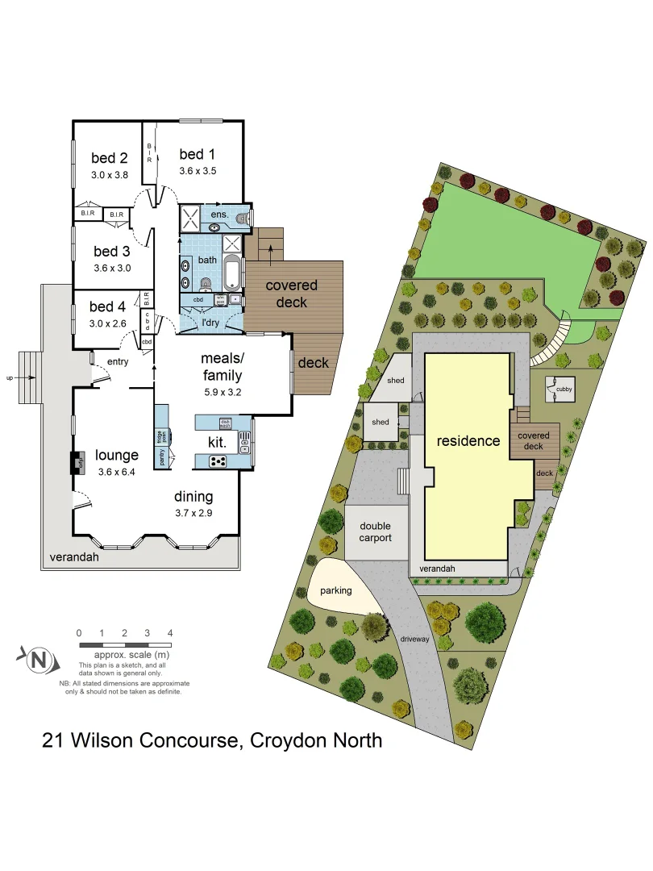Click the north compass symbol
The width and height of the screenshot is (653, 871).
tap(36, 661)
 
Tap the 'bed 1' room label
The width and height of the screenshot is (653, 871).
tap(198, 154)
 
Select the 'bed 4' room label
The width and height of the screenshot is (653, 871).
tap(107, 306)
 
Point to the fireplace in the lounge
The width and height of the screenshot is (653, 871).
tap(77, 464)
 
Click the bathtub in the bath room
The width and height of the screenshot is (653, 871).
tap(231, 273)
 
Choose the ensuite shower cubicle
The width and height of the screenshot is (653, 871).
tap(192, 216)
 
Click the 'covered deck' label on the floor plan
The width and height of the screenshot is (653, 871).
tap(291, 294)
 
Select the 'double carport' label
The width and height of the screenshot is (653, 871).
tap(375, 531)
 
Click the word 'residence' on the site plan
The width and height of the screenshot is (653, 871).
tap(468, 441)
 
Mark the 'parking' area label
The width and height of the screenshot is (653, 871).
tap(335, 590)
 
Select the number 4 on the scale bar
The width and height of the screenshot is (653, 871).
tap(170, 633)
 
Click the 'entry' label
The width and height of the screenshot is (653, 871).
tap(116, 361)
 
